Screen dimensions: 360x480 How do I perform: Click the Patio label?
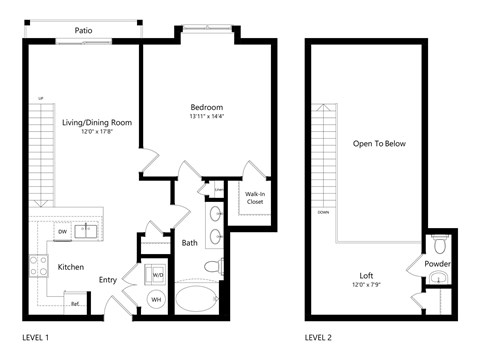click(85, 31)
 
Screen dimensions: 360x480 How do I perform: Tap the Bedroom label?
click(206, 107)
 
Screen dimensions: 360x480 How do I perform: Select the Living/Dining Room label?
click(96, 123)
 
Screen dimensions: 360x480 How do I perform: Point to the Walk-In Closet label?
click(254, 198)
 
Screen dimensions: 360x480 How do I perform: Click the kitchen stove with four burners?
click(40, 266)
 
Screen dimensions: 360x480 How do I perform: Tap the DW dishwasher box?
click(61, 232)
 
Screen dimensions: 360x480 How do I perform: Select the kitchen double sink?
click(89, 232)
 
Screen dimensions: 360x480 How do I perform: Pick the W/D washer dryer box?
click(157, 272)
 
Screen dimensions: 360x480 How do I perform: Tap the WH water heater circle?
click(156, 299)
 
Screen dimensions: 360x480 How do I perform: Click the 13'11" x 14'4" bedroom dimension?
click(206, 117)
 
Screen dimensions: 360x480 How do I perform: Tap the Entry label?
click(108, 280)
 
